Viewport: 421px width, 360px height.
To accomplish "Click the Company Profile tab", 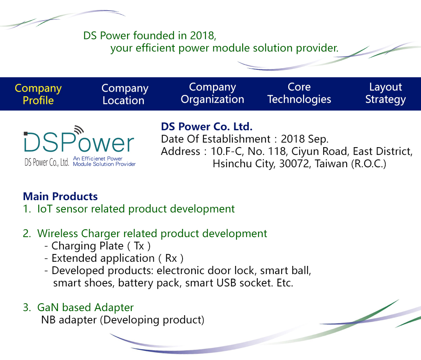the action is coord(38,94).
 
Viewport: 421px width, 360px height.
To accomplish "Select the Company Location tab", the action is coord(125,94).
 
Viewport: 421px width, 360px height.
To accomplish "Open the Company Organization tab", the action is coord(213,93).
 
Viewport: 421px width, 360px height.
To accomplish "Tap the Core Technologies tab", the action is coord(299,93).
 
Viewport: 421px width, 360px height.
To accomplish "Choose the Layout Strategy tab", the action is coord(386,93).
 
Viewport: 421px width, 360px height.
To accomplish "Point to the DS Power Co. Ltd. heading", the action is coord(207,127).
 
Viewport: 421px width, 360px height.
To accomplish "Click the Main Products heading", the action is coord(60,196).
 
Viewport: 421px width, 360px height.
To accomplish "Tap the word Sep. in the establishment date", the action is coord(318,139).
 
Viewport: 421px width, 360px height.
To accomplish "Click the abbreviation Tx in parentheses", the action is coord(139,246).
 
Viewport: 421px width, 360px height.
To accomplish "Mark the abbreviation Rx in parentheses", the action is coord(171,258).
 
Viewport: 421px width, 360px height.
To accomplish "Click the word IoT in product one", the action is coord(44,209).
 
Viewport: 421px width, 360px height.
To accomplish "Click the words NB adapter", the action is coord(69,320).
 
